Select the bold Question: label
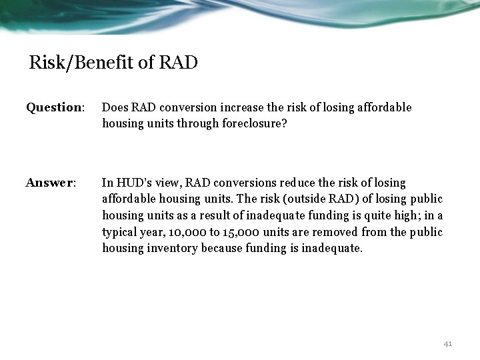click(55, 107)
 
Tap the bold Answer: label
click(51, 182)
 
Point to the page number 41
click(447, 343)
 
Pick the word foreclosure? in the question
click(255, 123)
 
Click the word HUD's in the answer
click(132, 182)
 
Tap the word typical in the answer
click(120, 232)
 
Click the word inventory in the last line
click(167, 248)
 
